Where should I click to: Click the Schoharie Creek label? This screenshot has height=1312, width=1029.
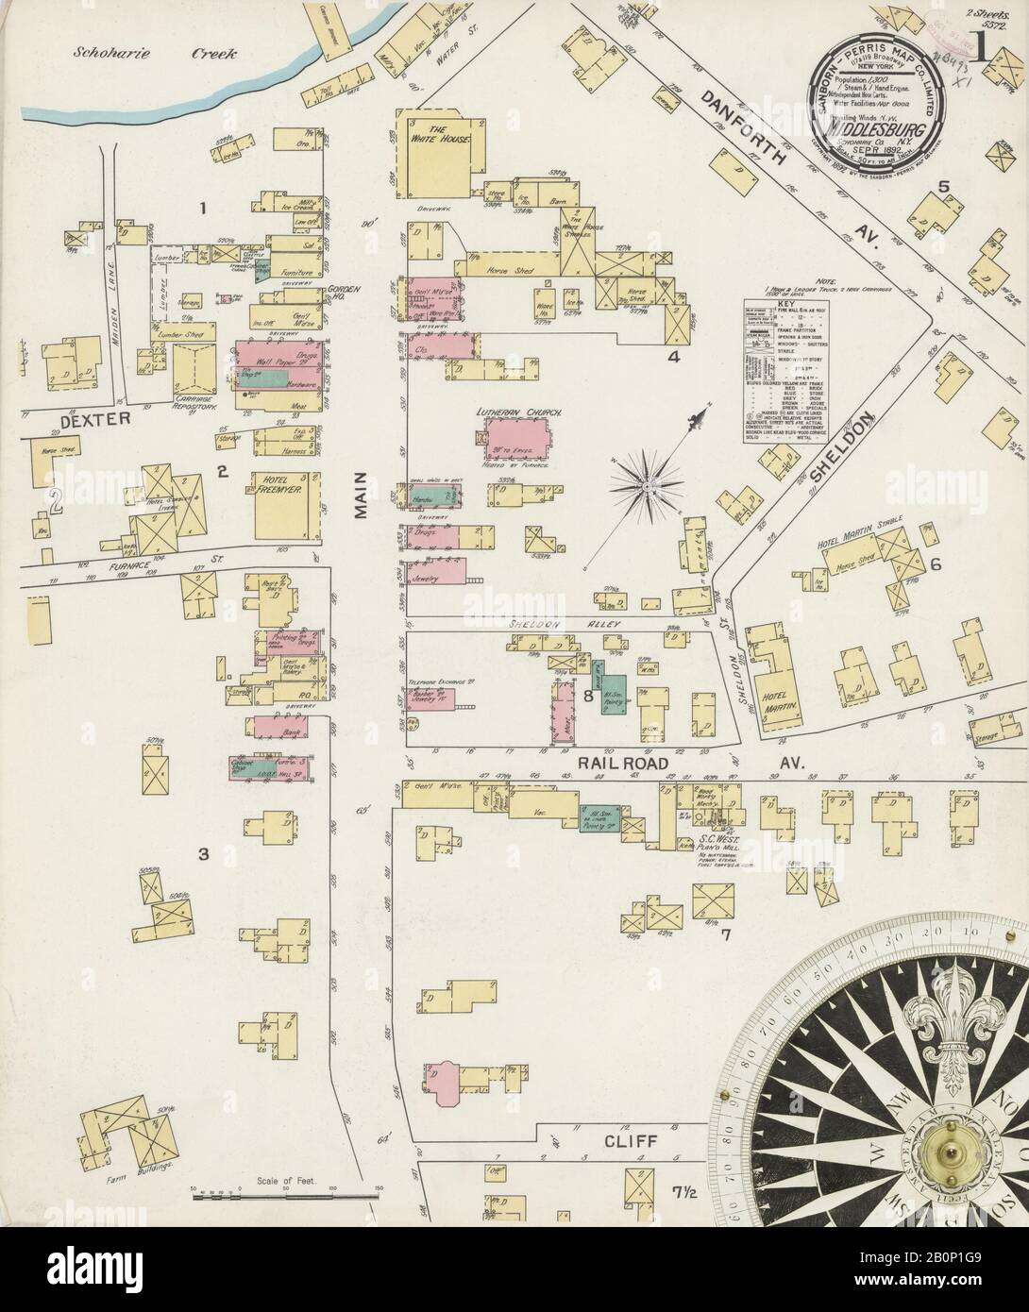(155, 54)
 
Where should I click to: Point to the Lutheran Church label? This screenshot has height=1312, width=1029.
(519, 412)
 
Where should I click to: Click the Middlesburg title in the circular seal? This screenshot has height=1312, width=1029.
(876, 127)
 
